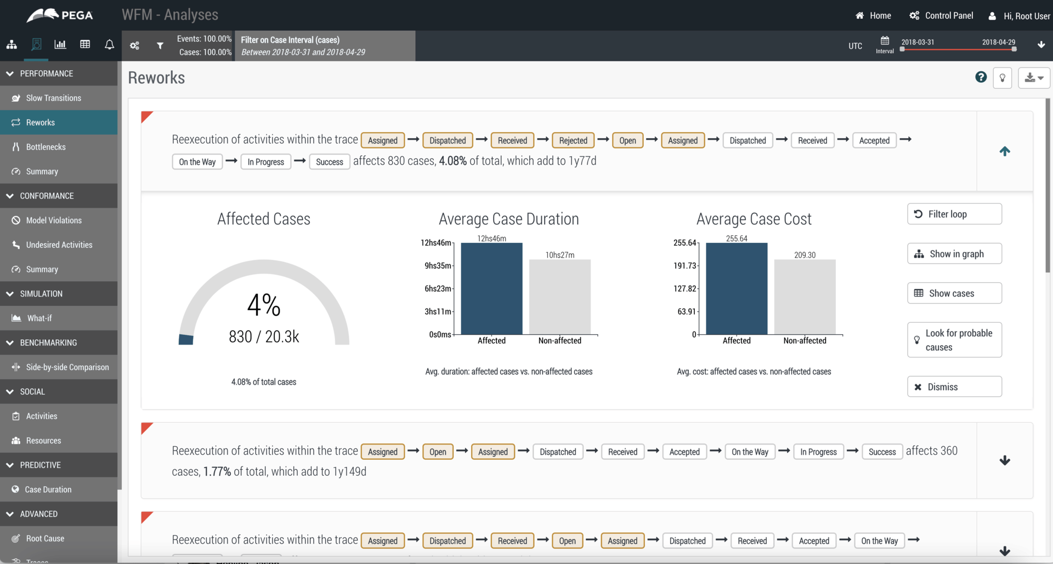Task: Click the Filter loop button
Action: coord(954,214)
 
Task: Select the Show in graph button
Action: coord(954,254)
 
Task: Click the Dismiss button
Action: coord(954,387)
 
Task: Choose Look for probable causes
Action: coord(954,340)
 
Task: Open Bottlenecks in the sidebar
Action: coord(46,147)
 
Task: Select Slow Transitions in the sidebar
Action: coord(53,98)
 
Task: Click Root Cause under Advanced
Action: coord(45,539)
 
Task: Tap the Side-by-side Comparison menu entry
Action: coord(67,367)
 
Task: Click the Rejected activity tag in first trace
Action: coord(573,141)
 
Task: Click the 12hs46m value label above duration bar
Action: coord(491,238)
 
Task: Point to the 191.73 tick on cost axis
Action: coord(684,266)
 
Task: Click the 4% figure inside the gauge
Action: coord(264,305)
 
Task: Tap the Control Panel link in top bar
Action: coord(941,16)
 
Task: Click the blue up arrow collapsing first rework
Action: coord(1004,151)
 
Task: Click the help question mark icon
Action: coord(981,77)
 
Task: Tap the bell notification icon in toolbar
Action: coord(109,45)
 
